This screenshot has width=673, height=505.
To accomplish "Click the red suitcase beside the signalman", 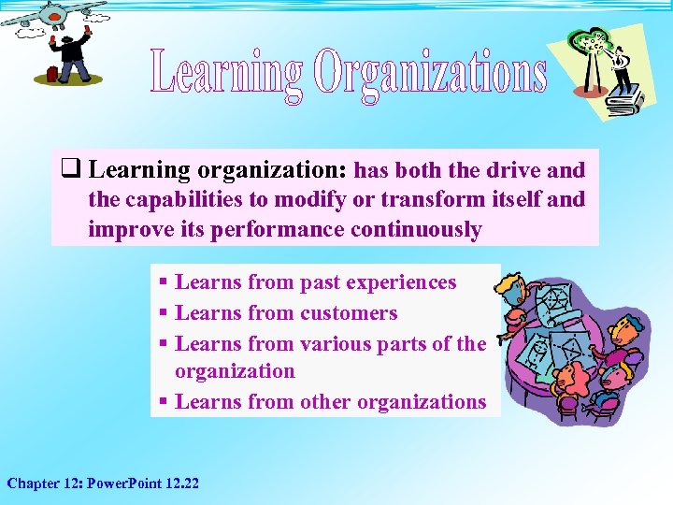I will pos(52,73).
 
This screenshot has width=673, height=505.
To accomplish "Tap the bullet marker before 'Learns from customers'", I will pos(164,313).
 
